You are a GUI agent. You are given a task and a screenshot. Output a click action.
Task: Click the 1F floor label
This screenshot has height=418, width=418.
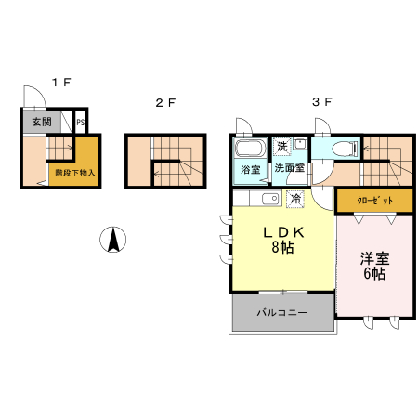pos(60,83)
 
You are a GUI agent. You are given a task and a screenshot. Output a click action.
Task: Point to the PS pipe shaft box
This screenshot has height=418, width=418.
pos(81,122)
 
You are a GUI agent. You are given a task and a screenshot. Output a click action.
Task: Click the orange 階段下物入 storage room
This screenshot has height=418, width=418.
pos(75,171)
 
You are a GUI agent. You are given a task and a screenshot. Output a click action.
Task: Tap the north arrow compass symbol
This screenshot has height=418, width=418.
pos(112,240)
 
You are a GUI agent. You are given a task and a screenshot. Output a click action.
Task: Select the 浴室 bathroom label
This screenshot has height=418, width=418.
pos(250,170)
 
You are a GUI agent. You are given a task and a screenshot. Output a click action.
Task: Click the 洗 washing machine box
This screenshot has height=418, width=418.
pos(281,147)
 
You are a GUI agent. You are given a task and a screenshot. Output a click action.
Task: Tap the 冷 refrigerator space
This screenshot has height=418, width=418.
pos(295,199)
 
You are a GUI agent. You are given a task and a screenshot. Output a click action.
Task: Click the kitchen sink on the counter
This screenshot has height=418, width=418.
pos(270,199)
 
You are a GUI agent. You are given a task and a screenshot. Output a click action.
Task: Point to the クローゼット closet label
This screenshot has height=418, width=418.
pos(375,201)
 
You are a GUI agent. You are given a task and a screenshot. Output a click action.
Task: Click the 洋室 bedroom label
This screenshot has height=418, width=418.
pos(375,259)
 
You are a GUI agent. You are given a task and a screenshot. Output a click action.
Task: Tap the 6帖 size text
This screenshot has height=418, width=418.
pos(375,276)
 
